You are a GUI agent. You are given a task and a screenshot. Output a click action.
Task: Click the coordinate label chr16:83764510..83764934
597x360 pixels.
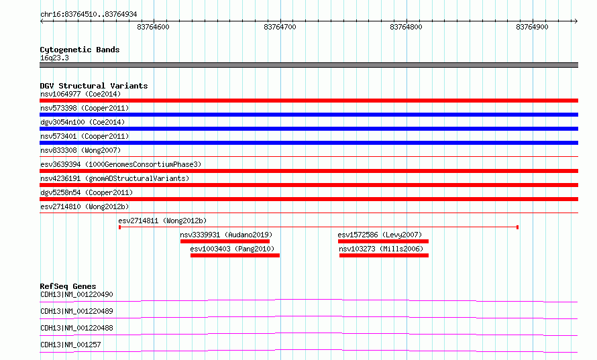[x=89, y=15]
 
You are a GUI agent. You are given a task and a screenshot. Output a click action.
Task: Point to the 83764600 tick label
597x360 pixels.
[x=153, y=27]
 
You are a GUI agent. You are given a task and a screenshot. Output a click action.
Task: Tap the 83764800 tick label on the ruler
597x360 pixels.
[x=406, y=27]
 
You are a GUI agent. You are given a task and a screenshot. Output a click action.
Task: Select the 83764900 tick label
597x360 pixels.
[x=532, y=27]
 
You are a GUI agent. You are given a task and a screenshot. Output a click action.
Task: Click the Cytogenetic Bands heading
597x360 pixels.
[x=80, y=50]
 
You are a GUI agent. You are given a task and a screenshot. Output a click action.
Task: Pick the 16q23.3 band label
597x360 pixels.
[x=54, y=58]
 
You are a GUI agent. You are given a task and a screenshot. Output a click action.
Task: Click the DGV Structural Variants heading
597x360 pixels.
[x=94, y=86]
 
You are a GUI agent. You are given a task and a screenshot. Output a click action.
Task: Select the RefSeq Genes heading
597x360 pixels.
[x=68, y=286]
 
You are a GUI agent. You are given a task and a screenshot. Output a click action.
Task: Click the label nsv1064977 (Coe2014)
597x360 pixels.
[x=80, y=94]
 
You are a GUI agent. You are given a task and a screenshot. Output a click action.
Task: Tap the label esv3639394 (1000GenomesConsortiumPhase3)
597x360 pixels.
[x=121, y=164]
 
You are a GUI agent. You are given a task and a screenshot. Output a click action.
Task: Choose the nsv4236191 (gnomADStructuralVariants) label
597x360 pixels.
[x=115, y=178]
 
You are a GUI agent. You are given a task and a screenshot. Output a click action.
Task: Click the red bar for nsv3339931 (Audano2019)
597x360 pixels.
[x=225, y=241]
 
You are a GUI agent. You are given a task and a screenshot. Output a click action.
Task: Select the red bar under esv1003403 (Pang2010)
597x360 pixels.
[x=235, y=255]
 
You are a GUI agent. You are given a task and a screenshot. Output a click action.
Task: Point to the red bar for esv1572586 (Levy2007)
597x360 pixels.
[x=383, y=241]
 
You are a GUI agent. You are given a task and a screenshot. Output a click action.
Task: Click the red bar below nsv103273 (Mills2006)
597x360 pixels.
[x=384, y=255]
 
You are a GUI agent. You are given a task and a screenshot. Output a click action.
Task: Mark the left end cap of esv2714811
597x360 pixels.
[x=119, y=227]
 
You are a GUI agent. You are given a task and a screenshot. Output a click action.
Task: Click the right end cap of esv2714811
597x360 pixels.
[x=517, y=227]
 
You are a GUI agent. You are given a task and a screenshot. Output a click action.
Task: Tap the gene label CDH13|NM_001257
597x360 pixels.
[x=70, y=345]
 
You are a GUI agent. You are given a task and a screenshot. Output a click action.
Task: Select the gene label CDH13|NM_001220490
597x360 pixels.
[x=76, y=294]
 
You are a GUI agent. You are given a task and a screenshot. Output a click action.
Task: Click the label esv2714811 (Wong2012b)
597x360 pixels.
[x=162, y=221]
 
